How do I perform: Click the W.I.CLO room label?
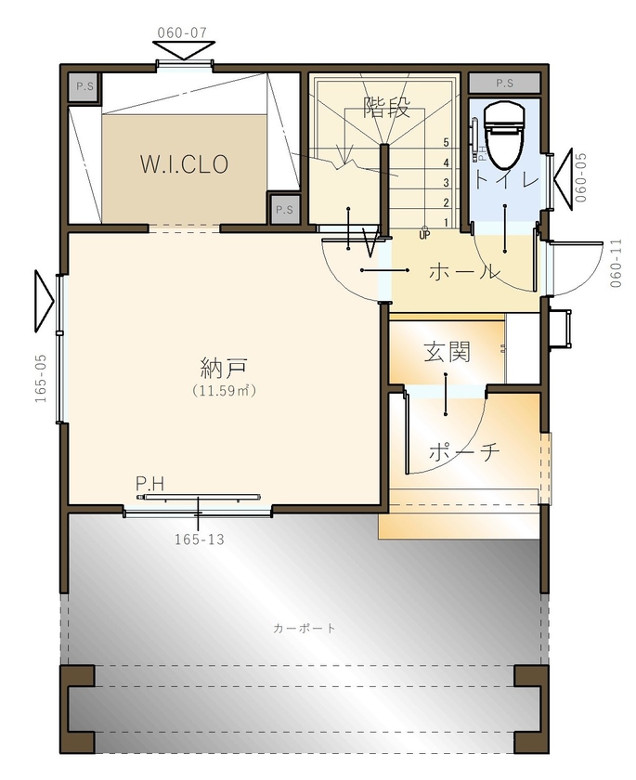(184, 164)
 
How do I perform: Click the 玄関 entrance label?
(447, 351)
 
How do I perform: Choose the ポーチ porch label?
(464, 452)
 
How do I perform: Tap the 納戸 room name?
(224, 365)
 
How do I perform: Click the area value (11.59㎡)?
(224, 391)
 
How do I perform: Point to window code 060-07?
(182, 32)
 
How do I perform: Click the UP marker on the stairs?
(424, 235)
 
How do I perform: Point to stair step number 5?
(447, 143)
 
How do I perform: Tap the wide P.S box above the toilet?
(504, 83)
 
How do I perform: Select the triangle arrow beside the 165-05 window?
(43, 301)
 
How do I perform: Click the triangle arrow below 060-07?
(183, 50)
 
